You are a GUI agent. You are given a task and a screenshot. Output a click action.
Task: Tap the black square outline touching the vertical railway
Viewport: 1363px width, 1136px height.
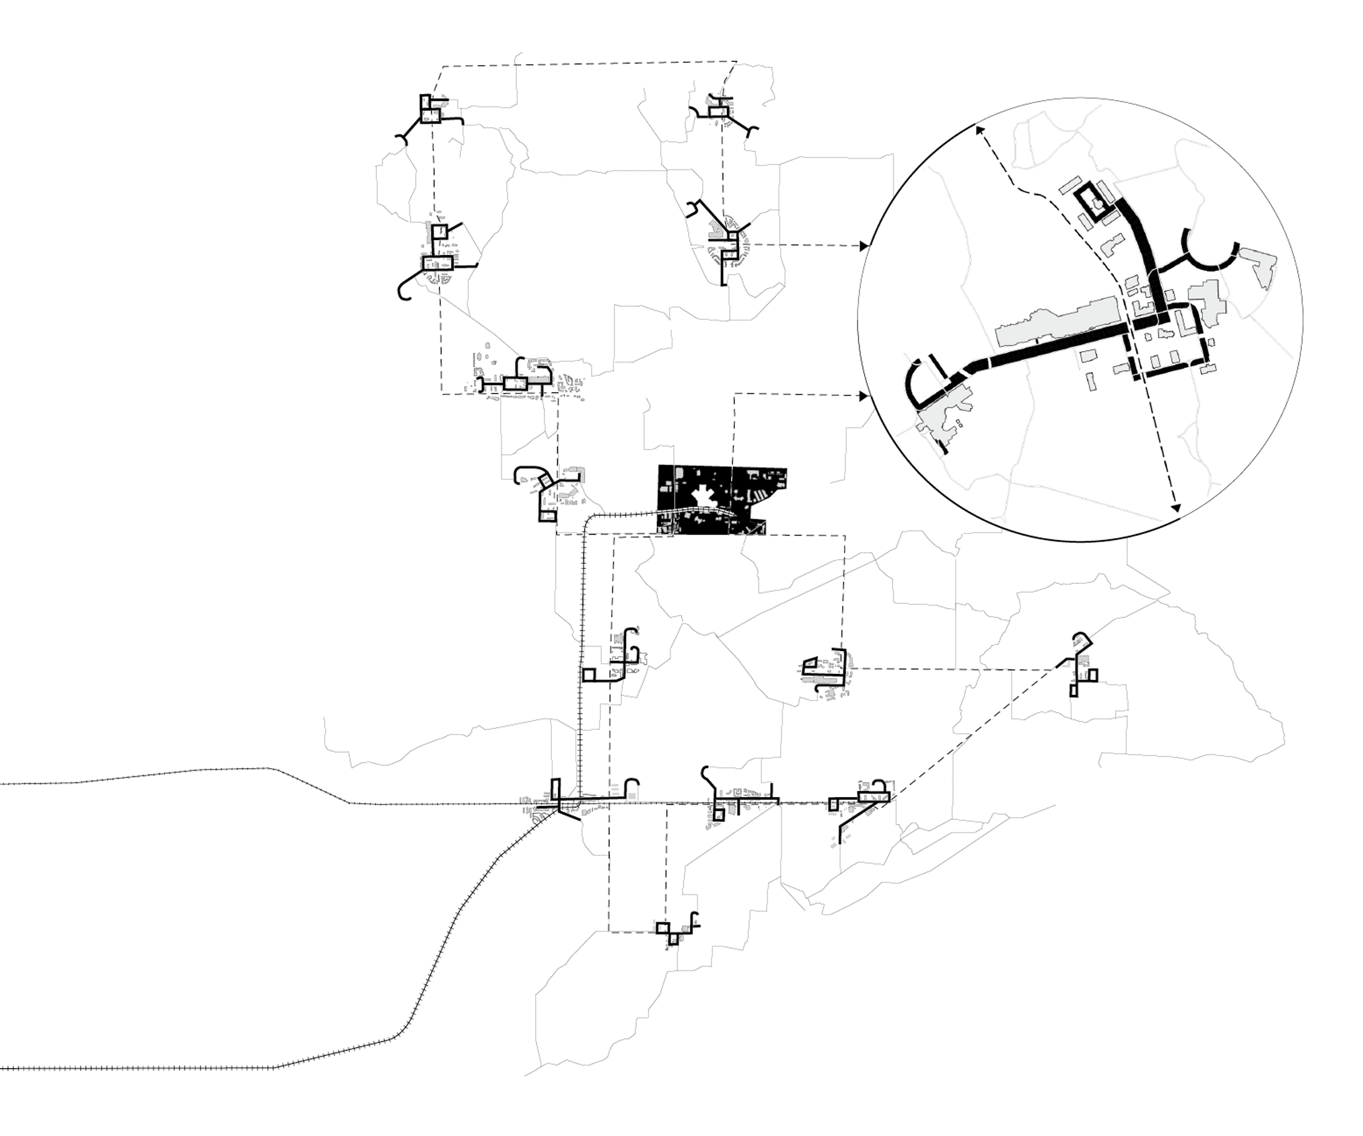click(589, 675)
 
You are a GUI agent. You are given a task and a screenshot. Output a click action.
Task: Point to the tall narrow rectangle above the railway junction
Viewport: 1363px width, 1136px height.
click(555, 788)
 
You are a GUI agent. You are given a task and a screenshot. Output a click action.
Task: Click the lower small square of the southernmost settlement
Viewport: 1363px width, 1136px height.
click(672, 939)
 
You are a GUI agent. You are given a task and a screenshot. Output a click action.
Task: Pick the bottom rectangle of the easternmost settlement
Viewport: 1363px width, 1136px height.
click(1073, 690)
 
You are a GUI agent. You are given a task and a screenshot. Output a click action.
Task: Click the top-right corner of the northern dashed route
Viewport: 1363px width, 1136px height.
click(736, 62)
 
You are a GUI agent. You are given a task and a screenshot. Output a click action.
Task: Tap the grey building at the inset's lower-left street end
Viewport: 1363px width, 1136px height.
click(942, 420)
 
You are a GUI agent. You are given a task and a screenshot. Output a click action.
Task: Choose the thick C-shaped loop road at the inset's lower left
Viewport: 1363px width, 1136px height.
click(919, 383)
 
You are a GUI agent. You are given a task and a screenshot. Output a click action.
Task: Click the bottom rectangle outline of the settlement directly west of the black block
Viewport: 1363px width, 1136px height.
click(547, 516)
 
